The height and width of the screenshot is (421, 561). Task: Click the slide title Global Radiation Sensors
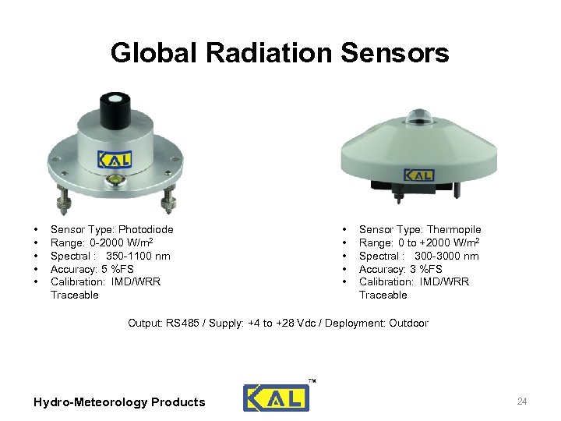[280, 53]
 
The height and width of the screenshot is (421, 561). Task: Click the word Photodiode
[145, 229]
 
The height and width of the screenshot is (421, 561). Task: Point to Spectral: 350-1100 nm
[110, 256]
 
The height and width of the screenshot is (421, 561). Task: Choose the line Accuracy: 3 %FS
[400, 269]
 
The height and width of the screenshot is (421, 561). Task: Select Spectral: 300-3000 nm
[418, 256]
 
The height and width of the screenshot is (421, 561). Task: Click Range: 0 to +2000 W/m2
[418, 242]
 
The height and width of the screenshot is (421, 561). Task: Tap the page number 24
[522, 402]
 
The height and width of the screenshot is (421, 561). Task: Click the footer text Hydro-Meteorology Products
[119, 402]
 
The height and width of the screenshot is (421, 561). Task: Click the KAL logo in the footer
[276, 398]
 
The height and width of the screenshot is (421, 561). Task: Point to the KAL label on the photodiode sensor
[115, 159]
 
